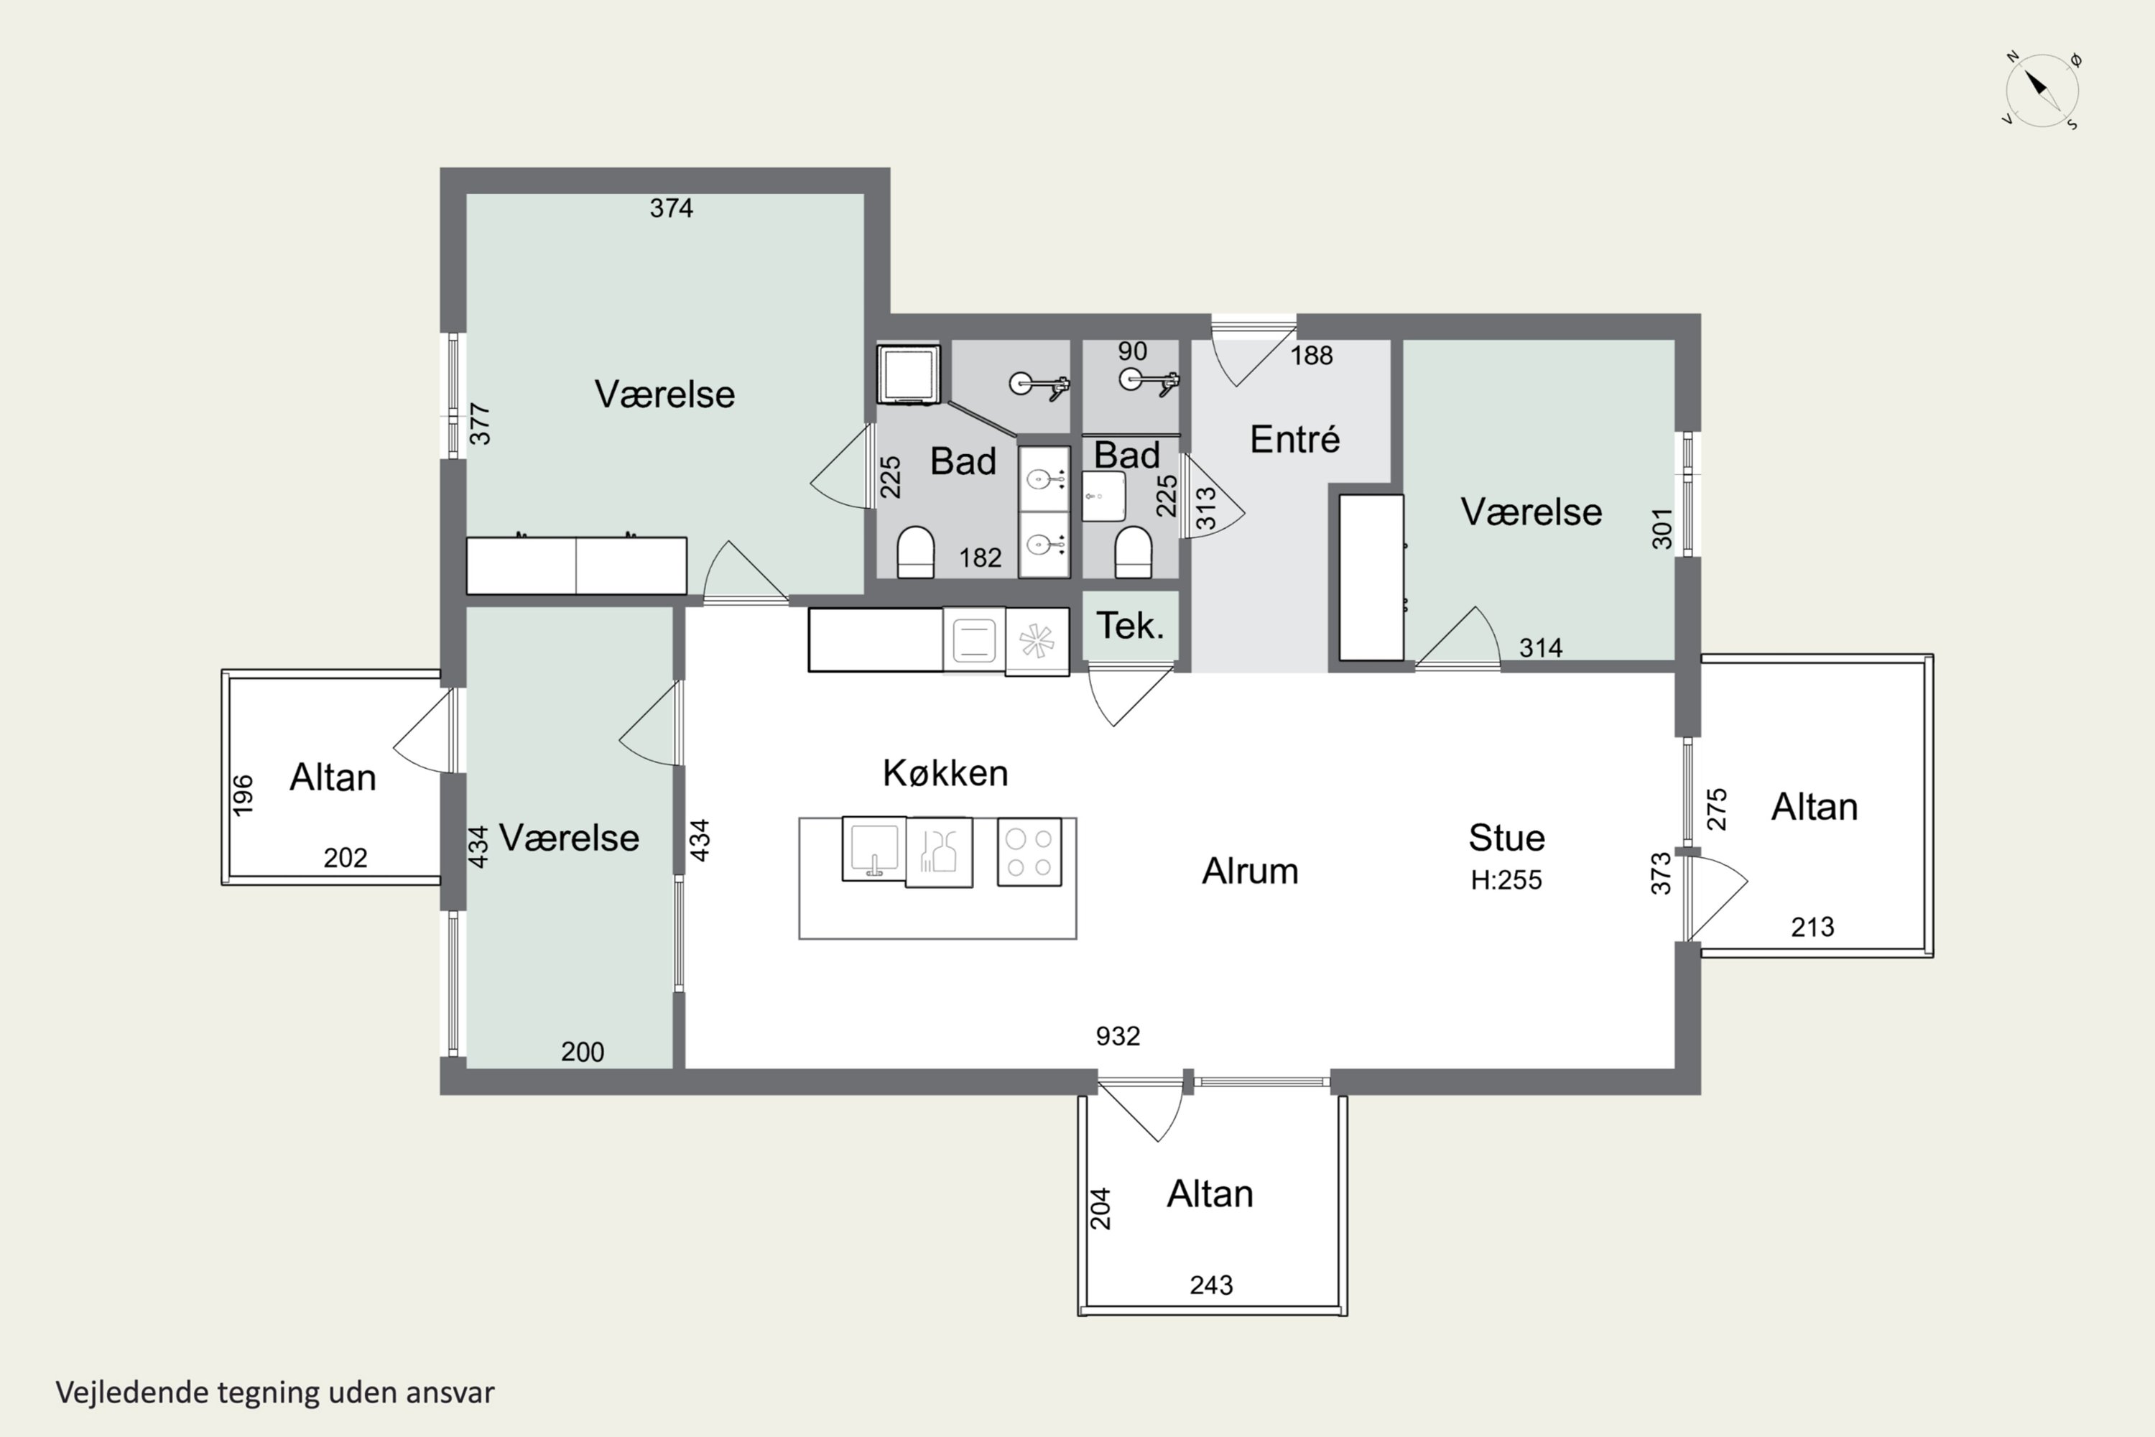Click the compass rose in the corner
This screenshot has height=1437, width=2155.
click(x=2042, y=91)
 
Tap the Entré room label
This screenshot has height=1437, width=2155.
click(x=1294, y=439)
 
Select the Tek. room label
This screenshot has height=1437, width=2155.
click(x=1130, y=626)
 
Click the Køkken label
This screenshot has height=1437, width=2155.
click(x=945, y=774)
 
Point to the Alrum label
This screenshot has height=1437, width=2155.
click(x=1250, y=872)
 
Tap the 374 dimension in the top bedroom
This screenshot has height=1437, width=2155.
click(x=672, y=209)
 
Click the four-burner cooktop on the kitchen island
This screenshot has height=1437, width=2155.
click(x=1029, y=852)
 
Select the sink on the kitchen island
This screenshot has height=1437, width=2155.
click(x=874, y=849)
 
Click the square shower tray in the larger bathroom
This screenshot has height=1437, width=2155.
click(x=908, y=374)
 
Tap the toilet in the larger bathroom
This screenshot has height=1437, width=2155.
click(x=915, y=553)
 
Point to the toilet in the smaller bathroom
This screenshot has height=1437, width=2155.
click(x=1134, y=553)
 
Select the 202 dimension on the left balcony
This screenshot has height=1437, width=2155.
click(x=346, y=858)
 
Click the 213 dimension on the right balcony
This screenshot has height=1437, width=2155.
click(x=1812, y=928)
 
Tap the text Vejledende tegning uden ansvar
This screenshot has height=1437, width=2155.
click(x=275, y=1392)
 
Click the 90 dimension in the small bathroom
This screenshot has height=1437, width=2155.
click(x=1133, y=351)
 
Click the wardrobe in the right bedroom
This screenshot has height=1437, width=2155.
click(x=1371, y=578)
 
